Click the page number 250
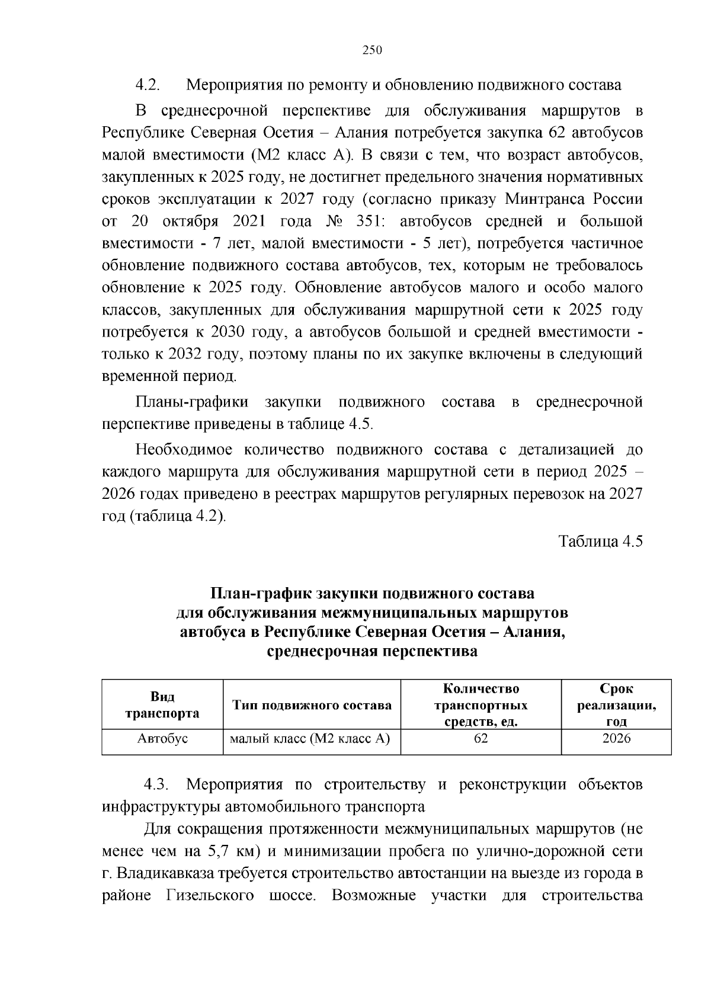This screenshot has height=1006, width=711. point(372,50)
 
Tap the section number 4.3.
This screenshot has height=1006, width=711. point(157,785)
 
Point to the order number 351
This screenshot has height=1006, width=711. point(370,222)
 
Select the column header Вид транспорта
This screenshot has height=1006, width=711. point(162,705)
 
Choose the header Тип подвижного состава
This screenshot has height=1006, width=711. point(312,705)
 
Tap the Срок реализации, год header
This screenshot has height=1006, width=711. point(616,705)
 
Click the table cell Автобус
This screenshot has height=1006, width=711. point(162,739)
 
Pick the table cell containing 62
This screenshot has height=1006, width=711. point(481,739)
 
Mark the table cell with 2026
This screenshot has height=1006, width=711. point(616,739)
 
